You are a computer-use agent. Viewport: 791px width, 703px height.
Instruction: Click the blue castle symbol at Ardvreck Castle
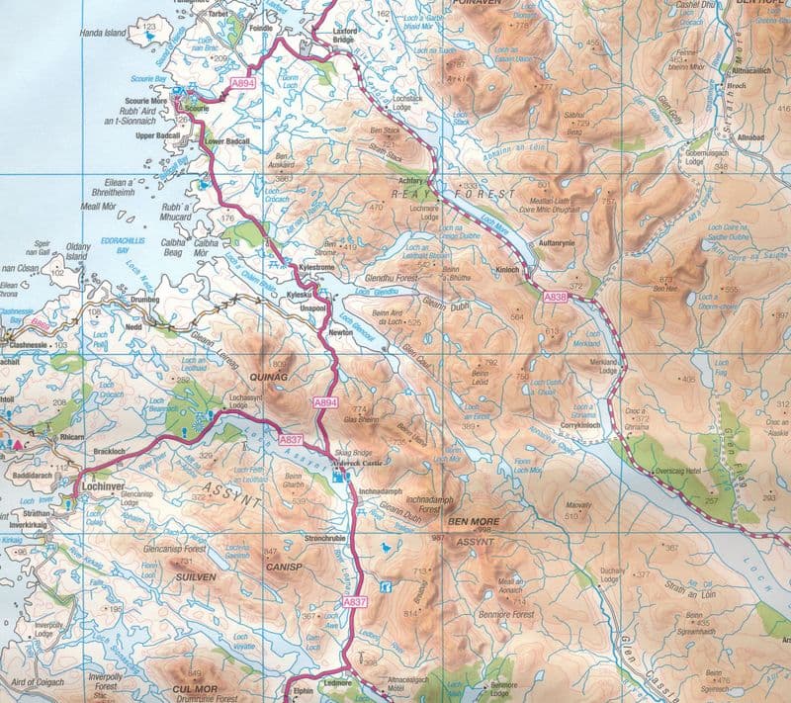340,477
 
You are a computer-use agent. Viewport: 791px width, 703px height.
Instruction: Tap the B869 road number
39,321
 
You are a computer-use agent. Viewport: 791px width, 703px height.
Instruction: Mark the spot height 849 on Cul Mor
194,674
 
